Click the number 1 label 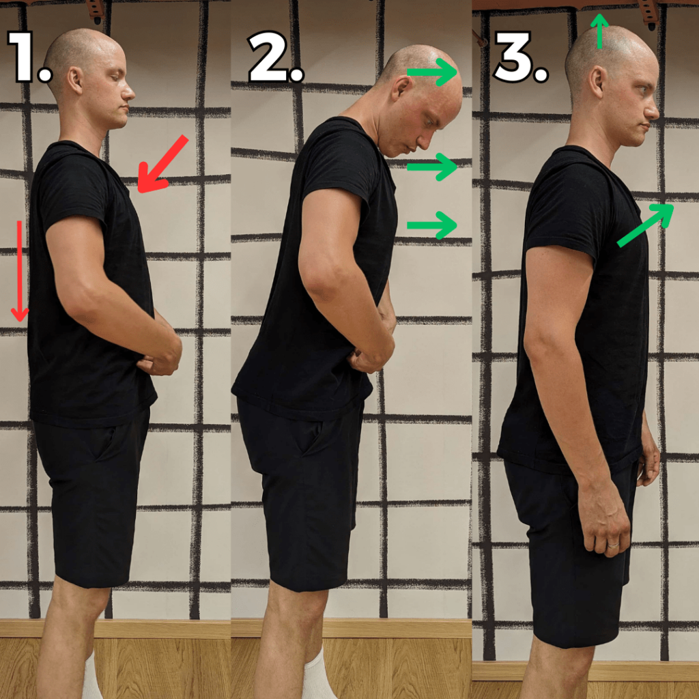pos(29,57)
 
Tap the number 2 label pos(276,57)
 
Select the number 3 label pos(521,57)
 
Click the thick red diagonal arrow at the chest pos(162,164)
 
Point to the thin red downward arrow pos(19,271)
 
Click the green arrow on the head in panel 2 pos(432,72)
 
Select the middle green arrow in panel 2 pos(432,167)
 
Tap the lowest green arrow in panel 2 pos(432,225)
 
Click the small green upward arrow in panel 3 pos(599,31)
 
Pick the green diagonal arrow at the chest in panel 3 pos(645,225)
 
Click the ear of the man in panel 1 pos(75,81)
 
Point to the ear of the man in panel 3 pos(597,82)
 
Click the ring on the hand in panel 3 pos(614,545)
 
